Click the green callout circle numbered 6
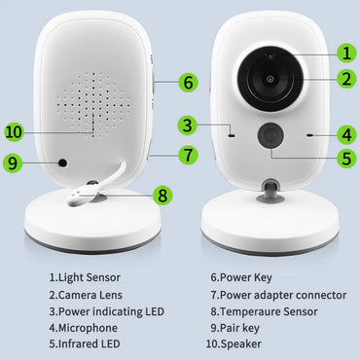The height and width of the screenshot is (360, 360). (x=187, y=82)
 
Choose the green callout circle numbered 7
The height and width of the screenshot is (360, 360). (x=187, y=153)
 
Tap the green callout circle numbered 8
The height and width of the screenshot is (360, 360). (x=162, y=195)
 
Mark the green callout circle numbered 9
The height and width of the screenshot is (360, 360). (x=14, y=164)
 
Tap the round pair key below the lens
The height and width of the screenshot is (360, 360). (x=270, y=136)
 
